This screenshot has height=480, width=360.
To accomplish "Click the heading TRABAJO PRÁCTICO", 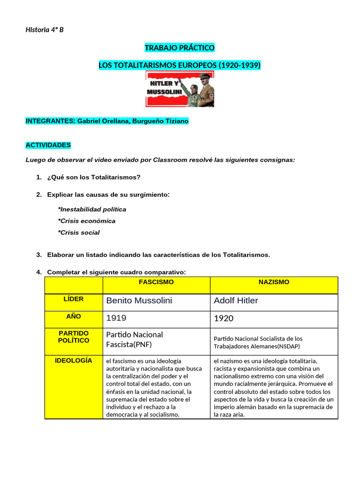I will click(x=180, y=48).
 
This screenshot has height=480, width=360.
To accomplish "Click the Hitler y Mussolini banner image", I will click(x=180, y=90).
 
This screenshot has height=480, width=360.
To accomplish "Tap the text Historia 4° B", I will click(x=45, y=30).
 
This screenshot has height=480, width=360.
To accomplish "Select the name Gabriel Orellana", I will click(x=103, y=121).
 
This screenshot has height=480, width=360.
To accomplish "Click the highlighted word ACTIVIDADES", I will click(x=48, y=145).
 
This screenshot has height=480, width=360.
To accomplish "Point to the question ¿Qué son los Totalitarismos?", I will click(x=94, y=177).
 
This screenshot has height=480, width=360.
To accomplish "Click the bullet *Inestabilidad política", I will click(x=92, y=209).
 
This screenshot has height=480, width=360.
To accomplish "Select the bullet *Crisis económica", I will click(x=86, y=221).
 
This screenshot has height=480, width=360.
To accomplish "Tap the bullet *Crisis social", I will click(x=79, y=232).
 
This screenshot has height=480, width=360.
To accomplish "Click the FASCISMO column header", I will click(x=156, y=282).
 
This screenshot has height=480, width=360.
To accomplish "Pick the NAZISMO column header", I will click(x=274, y=282).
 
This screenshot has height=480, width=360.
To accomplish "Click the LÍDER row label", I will click(x=74, y=299).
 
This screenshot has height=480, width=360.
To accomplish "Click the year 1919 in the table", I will click(x=116, y=318).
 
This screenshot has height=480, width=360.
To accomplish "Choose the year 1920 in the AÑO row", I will click(x=224, y=319).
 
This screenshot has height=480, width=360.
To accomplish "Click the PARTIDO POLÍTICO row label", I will click(x=74, y=337).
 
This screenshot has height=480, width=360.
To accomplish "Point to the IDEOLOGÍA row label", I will click(x=74, y=360).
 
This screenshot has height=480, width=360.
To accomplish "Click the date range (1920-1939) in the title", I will click(x=239, y=66).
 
